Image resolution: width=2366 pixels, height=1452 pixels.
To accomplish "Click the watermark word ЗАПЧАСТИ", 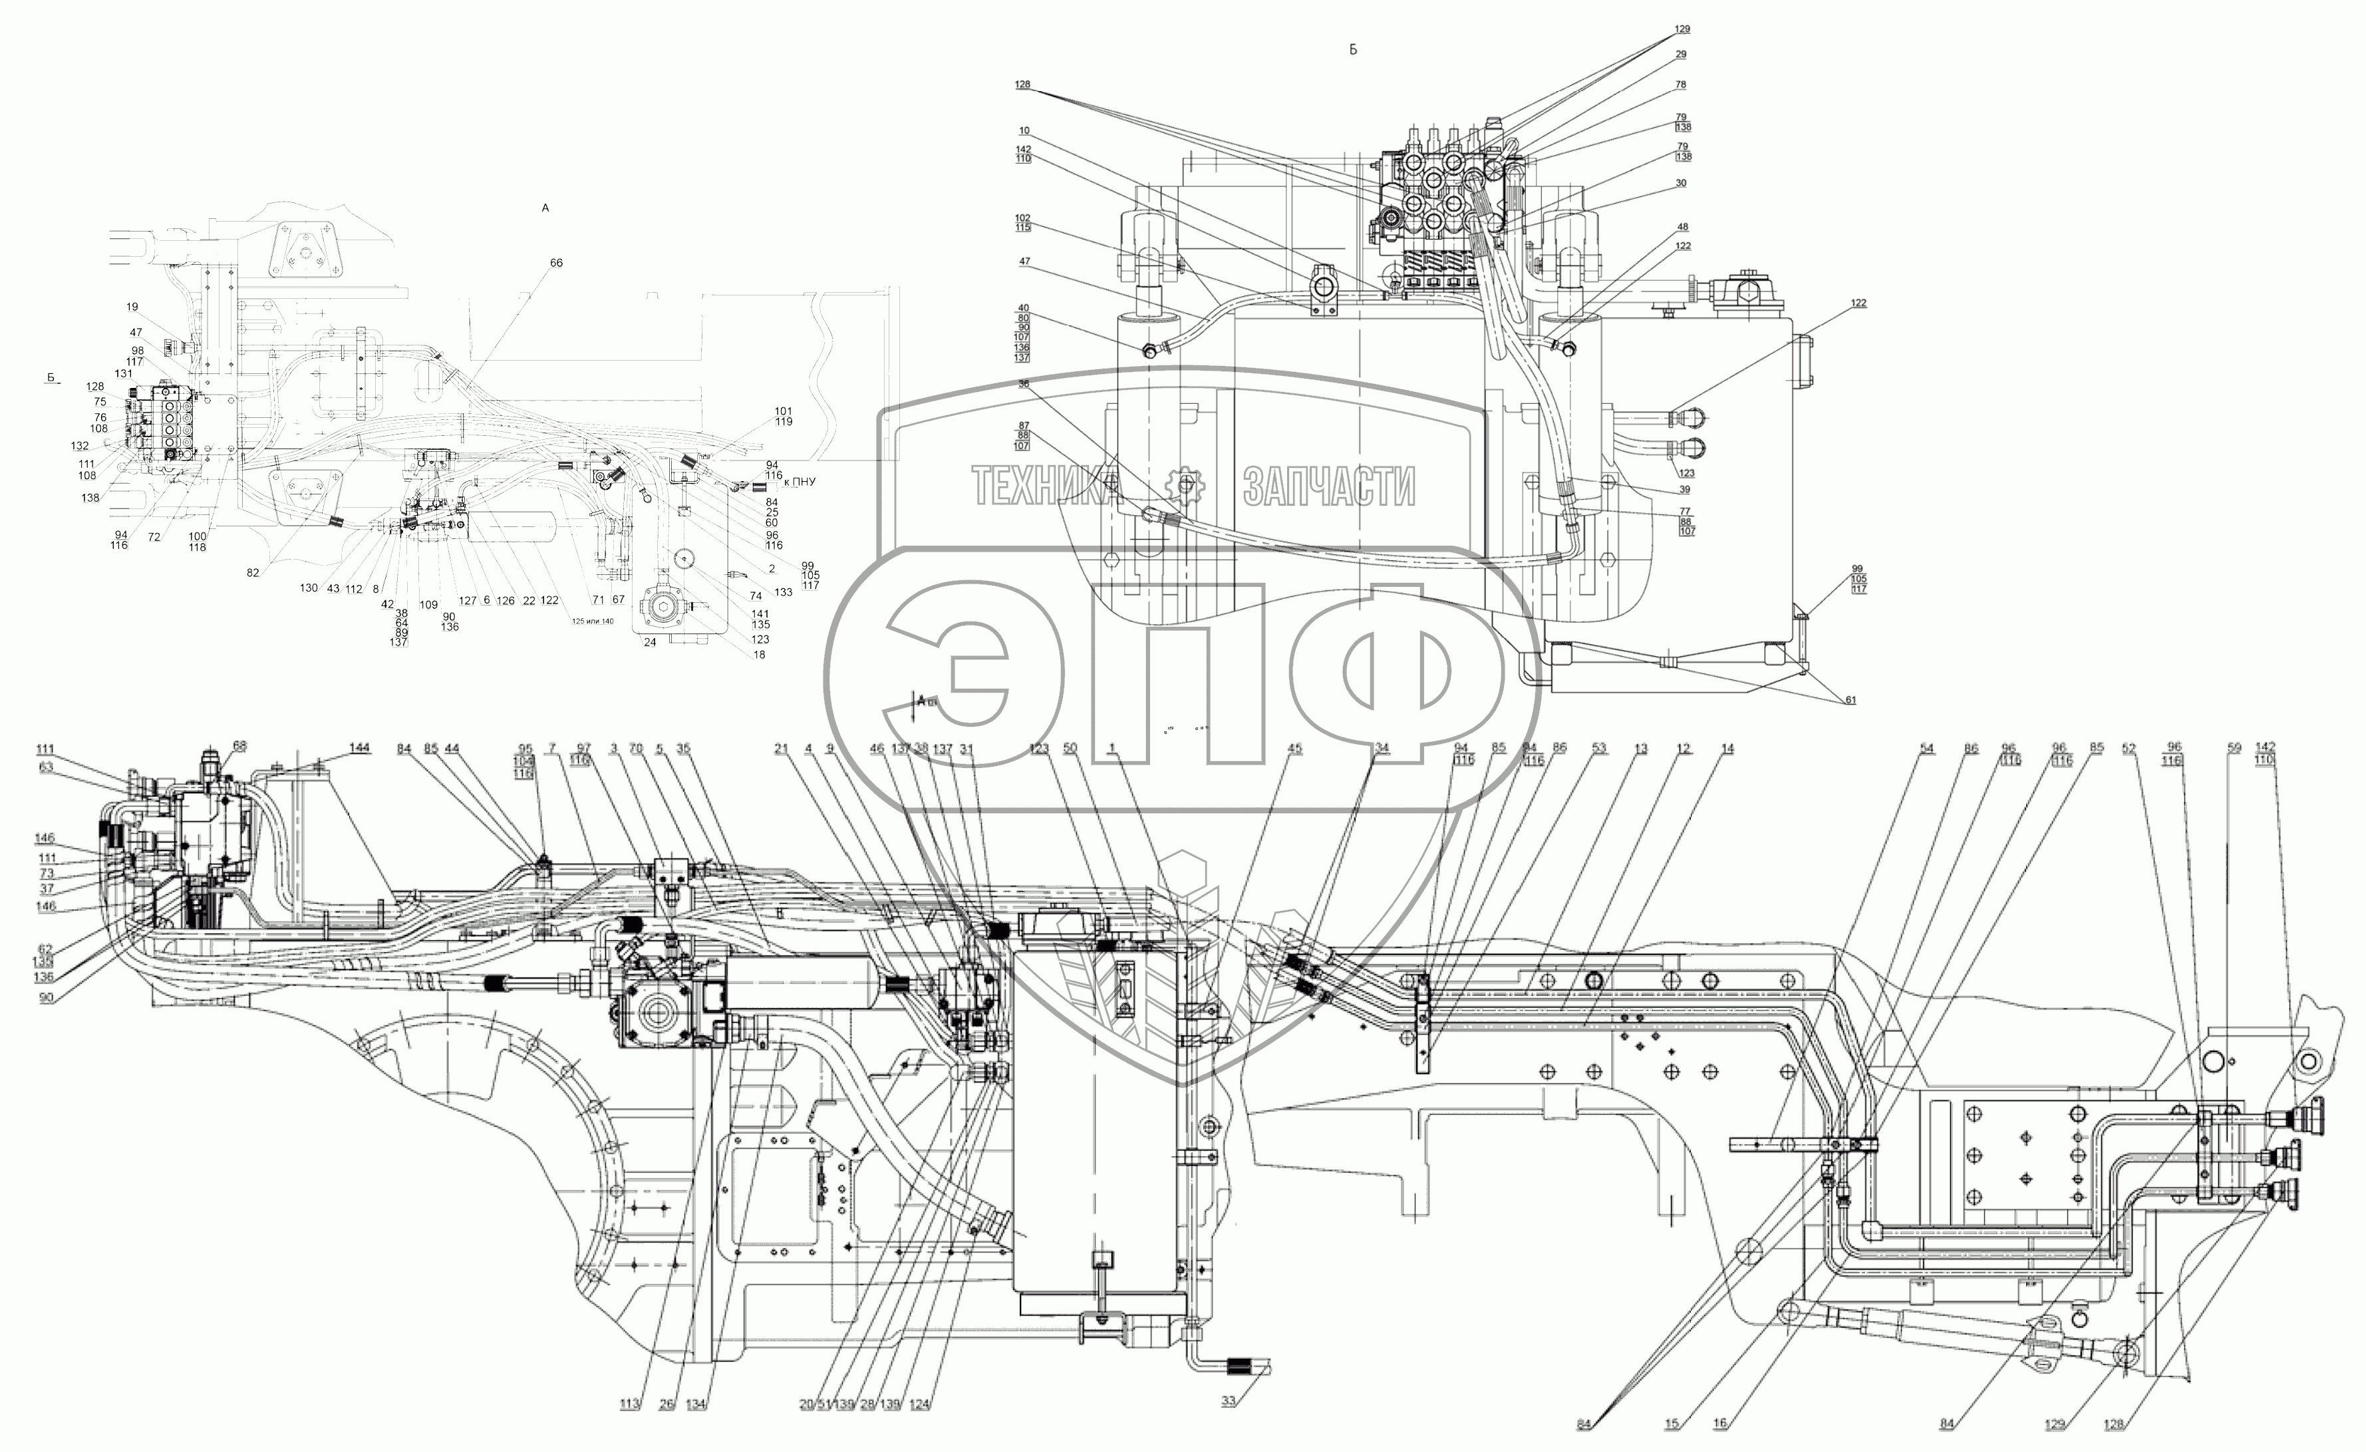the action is click(x=1329, y=487).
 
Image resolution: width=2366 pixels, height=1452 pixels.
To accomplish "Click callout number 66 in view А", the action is click(x=556, y=263).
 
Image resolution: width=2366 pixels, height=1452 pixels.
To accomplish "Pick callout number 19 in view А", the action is click(x=132, y=307).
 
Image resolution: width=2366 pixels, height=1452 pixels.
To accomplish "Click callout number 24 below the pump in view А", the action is click(x=650, y=642).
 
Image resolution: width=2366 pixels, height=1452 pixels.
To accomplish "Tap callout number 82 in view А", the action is click(x=253, y=574).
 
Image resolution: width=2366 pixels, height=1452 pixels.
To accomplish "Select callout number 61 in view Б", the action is click(x=1849, y=700).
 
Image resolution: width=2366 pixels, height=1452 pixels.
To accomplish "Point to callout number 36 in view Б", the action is click(x=1024, y=384).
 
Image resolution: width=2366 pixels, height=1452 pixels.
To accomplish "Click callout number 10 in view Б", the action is click(x=1024, y=130).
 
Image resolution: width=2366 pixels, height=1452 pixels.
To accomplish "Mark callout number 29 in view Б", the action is click(x=1680, y=55).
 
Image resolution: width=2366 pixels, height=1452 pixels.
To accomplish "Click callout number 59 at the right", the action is click(x=2234, y=747).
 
